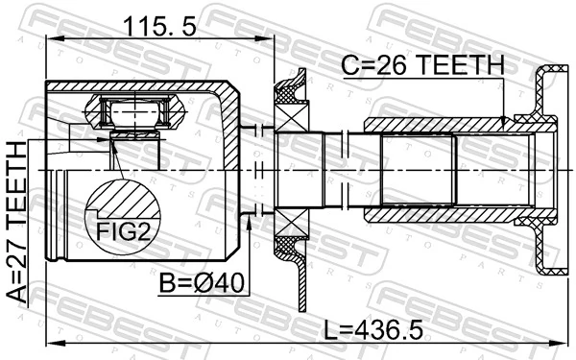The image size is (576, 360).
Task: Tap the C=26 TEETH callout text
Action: (x=423, y=64)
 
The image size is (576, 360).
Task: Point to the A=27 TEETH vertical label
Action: (x=16, y=220)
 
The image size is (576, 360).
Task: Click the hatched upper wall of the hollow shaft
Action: (x=432, y=125)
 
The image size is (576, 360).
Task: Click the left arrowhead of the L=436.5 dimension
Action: (x=52, y=344)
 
